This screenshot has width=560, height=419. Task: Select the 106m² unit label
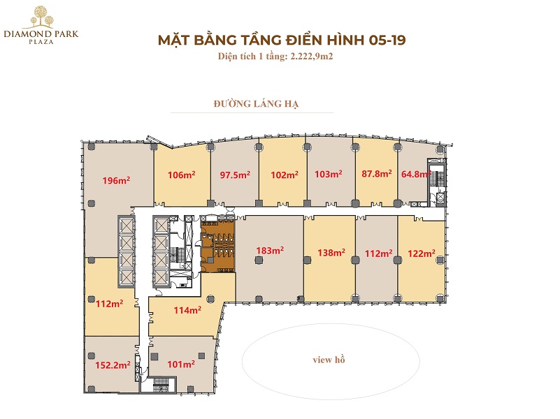click(x=181, y=175)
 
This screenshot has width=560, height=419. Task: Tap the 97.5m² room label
click(x=234, y=175)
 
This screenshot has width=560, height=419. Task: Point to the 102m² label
click(x=285, y=175)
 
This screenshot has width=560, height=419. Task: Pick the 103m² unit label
click(x=328, y=175)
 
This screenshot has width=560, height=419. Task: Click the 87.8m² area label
click(x=376, y=175)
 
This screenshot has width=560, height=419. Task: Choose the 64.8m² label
click(x=414, y=175)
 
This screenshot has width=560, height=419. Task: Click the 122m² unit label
click(x=422, y=253)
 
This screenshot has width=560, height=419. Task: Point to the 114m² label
click(x=187, y=310)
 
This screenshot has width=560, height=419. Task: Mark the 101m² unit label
click(x=180, y=364)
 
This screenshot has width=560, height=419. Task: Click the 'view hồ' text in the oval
click(x=329, y=360)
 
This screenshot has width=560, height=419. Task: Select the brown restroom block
click(x=217, y=245)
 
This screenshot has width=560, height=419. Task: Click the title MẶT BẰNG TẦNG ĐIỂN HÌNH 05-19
click(x=281, y=41)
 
